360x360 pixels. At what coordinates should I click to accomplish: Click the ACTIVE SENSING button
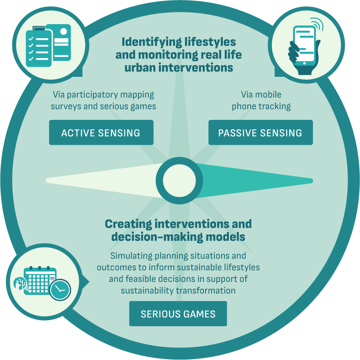coord(101,133)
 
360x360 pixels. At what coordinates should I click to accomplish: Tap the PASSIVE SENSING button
coord(260,133)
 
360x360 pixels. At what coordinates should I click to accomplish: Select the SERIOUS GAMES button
coord(178,314)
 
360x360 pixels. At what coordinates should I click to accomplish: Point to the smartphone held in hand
coord(304,46)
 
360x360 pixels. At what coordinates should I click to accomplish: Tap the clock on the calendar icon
coord(60,290)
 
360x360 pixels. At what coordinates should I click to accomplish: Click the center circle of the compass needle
coord(179,181)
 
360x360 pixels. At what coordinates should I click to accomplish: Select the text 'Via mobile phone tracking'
coord(261,101)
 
